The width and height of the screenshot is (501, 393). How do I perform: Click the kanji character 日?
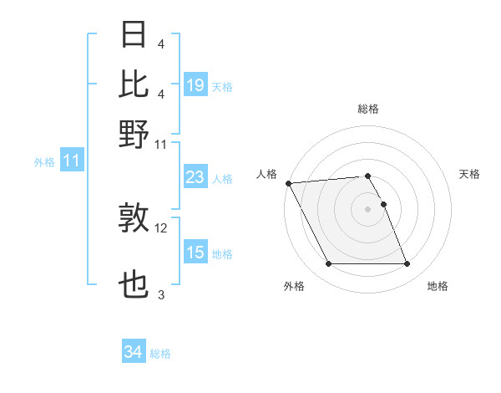click(134, 35)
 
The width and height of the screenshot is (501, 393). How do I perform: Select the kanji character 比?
click(134, 84)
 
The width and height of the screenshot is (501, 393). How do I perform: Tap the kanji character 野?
click(134, 134)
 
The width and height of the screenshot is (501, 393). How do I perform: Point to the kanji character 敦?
click(134, 218)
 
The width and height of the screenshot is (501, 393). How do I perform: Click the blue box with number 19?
click(195, 84)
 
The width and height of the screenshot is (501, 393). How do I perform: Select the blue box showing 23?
click(195, 177)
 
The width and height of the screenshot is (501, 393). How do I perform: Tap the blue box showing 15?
click(195, 253)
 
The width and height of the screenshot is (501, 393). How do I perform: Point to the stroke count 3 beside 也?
click(161, 295)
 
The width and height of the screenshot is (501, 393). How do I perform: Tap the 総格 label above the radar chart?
click(368, 110)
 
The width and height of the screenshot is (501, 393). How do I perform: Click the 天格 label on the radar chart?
click(470, 174)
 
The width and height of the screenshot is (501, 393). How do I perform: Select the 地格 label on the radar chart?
click(438, 287)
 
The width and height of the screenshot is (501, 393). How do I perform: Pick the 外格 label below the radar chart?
click(294, 287)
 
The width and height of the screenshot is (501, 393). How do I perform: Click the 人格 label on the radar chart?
click(267, 174)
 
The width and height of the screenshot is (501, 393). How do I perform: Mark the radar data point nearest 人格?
click(288, 183)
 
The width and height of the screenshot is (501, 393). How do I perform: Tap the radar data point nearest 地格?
click(407, 264)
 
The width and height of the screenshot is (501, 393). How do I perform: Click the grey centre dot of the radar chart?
click(368, 209)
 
